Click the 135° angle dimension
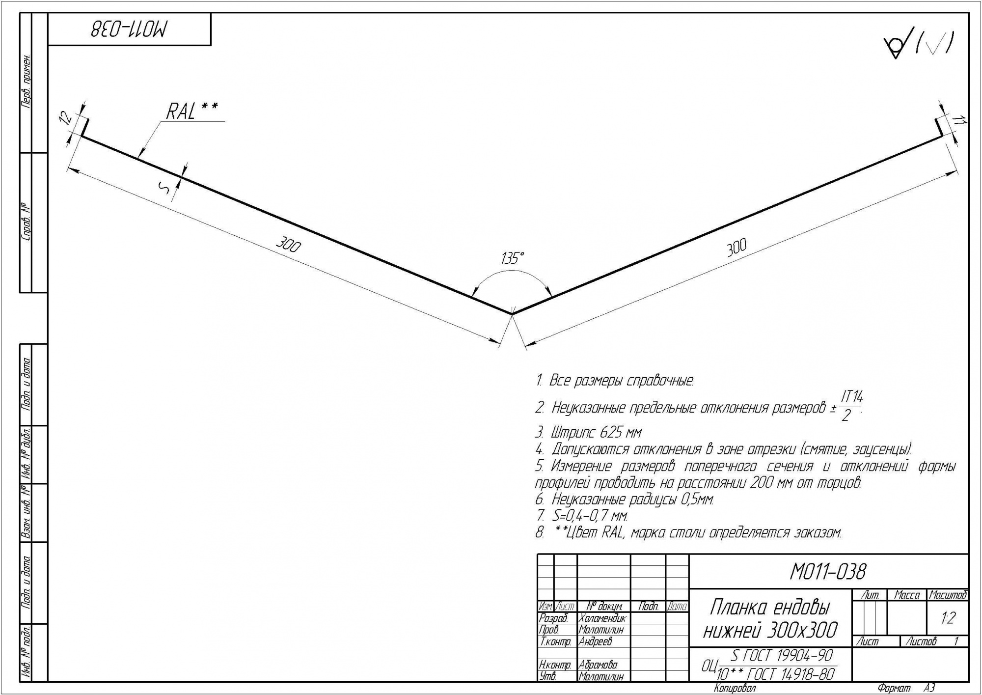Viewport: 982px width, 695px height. pyautogui.click(x=513, y=257)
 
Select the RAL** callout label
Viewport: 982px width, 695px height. pyautogui.click(x=192, y=111)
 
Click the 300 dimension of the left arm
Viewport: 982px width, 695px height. pyautogui.click(x=288, y=244)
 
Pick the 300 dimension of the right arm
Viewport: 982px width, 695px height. pyautogui.click(x=736, y=248)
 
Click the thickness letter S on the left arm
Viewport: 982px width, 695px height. pyautogui.click(x=165, y=187)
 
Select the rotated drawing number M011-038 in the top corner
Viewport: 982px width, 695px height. pyautogui.click(x=129, y=29)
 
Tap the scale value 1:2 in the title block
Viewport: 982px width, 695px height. pyautogui.click(x=948, y=617)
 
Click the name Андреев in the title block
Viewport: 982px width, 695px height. pyautogui.click(x=595, y=641)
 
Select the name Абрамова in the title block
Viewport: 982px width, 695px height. pyautogui.click(x=598, y=665)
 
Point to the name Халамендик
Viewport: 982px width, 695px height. pyautogui.click(x=602, y=618)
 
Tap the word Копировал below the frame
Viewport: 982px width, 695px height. pyautogui.click(x=735, y=689)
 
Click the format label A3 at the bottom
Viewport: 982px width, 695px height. pyautogui.click(x=929, y=689)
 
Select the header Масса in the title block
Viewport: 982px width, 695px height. pyautogui.click(x=907, y=595)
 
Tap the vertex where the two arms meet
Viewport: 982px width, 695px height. pyautogui.click(x=512, y=313)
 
